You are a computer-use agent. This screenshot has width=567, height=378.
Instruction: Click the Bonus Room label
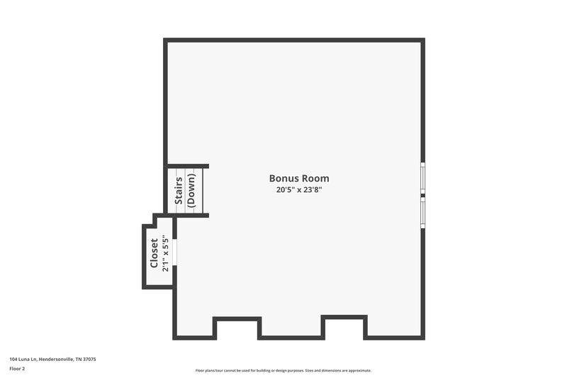coord(299,179)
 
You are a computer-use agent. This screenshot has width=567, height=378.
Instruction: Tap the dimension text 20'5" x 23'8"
coord(299,190)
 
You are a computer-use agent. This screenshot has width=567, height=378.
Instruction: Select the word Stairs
coord(179,191)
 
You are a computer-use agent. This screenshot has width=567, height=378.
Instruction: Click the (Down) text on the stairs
coord(191,191)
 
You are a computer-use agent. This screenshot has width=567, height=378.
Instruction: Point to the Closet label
coord(155,253)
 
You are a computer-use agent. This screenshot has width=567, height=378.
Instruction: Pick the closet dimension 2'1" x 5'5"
coord(165,253)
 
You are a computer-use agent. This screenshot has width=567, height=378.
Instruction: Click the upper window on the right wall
coord(423,178)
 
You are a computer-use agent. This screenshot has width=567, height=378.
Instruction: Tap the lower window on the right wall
coord(423,211)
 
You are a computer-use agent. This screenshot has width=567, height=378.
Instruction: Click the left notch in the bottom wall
coord(237,328)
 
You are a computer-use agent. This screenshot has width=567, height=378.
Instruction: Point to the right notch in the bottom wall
coord(344,326)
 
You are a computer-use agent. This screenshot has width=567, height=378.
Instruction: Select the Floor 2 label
coord(17,369)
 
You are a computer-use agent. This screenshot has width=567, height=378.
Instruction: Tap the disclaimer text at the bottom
coord(283,370)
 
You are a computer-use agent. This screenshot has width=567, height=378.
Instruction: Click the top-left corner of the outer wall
coord(166,40)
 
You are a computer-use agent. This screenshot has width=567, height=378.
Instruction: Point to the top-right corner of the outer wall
coord(423,40)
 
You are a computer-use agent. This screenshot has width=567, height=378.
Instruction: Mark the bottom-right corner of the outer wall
coord(423,337)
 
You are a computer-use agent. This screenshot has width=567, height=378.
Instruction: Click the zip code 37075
coord(89,360)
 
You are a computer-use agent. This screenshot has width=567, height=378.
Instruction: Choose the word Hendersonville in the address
coord(60,360)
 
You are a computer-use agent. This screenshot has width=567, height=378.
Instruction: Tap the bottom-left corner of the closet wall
coord(145,287)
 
